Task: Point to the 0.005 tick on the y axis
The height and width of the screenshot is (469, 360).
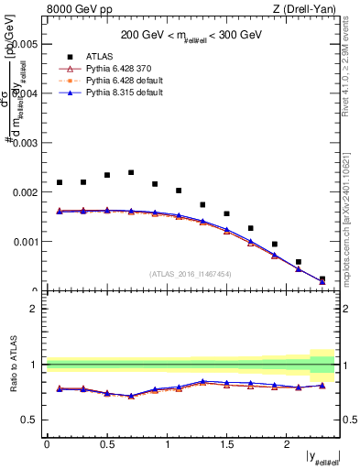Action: click(x=27, y=44)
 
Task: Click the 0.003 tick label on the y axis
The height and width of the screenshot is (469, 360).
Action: click(x=27, y=143)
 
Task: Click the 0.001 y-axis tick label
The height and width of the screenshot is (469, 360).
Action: click(x=27, y=243)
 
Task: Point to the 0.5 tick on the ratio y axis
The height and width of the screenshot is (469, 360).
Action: click(x=31, y=420)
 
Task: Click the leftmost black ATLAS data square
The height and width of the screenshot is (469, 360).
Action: click(x=60, y=182)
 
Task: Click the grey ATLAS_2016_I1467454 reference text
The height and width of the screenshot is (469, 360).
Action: click(x=191, y=273)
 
